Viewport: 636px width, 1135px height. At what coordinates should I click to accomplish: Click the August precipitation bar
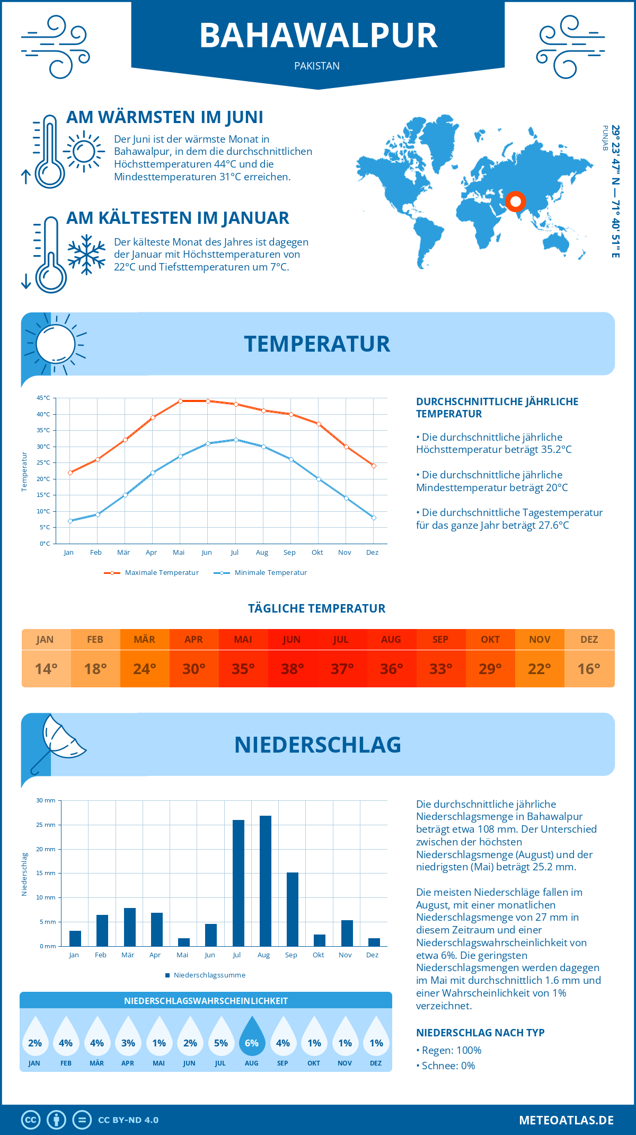[265, 881]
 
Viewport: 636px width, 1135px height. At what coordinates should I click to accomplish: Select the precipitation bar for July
[238, 883]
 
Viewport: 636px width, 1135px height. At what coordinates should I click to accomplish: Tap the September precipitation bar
[293, 909]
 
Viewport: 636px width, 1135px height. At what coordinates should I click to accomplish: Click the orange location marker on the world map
[515, 202]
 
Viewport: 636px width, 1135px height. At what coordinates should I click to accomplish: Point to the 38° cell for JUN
[292, 669]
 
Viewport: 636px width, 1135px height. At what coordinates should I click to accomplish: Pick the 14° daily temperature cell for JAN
[46, 669]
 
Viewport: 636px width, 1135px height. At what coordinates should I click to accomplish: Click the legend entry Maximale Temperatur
[152, 573]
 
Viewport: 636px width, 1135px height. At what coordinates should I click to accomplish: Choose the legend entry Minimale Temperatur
[261, 573]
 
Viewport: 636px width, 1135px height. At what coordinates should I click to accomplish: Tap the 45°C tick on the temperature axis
[43, 398]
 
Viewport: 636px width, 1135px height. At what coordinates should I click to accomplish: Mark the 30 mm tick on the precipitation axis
[46, 800]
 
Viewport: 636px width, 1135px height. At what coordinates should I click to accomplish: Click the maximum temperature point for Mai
[180, 401]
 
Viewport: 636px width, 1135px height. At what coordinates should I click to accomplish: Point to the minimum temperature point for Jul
[236, 440]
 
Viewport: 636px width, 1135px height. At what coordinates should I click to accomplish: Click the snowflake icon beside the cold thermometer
[86, 254]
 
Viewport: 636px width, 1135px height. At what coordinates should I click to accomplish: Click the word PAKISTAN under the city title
[317, 66]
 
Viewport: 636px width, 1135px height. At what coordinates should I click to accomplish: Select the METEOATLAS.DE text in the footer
[566, 1120]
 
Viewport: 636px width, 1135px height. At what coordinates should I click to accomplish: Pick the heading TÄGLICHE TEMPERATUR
[317, 609]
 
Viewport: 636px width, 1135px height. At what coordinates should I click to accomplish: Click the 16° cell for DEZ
[589, 669]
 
